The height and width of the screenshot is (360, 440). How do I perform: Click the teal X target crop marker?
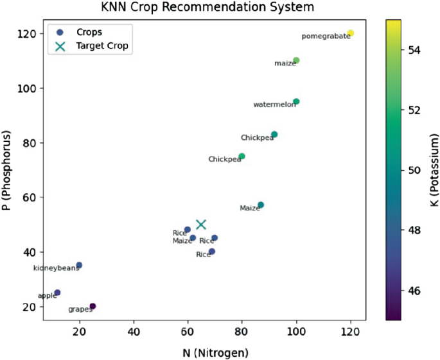(x=201, y=224)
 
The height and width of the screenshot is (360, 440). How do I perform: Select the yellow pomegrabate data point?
(x=350, y=33)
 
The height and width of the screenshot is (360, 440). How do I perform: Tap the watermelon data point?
(x=296, y=101)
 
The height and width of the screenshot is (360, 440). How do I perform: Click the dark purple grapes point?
(x=92, y=306)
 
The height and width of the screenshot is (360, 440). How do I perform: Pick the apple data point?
(x=57, y=293)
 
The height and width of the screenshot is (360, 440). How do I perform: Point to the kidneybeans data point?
(x=79, y=265)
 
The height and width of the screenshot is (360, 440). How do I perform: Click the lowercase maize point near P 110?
(x=296, y=60)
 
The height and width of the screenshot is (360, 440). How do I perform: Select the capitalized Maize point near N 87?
(x=261, y=205)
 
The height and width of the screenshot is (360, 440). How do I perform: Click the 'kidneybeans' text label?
(x=56, y=268)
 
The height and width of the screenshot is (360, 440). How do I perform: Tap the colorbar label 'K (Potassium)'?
(x=434, y=169)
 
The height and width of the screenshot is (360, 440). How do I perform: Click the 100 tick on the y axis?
(x=28, y=88)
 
